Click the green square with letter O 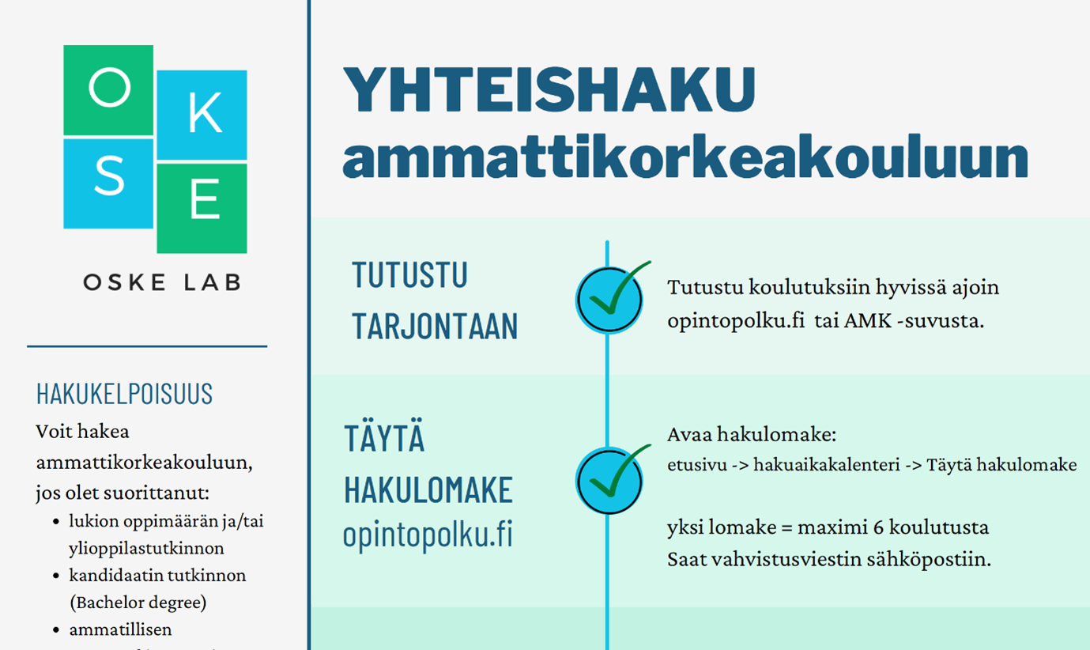(x=108, y=89)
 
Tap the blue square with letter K (x=202, y=115)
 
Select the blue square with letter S (x=108, y=183)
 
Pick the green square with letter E (x=202, y=207)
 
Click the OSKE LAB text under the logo (x=162, y=282)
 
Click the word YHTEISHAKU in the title (x=549, y=89)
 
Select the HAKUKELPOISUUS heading (x=124, y=393)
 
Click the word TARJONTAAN (x=435, y=326)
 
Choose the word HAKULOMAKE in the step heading (x=428, y=490)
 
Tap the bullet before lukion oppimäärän (x=56, y=522)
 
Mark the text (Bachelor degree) (x=138, y=603)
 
